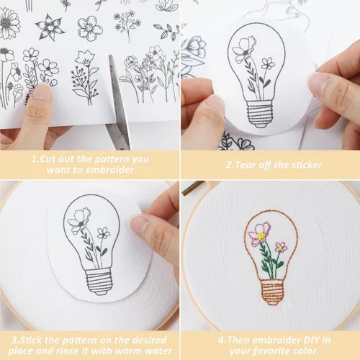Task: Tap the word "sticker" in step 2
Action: tap(307, 165)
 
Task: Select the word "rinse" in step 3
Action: tap(68, 351)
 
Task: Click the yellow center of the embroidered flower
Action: tap(261, 236)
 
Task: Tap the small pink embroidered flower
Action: tap(281, 247)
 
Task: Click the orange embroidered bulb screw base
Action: tap(272, 292)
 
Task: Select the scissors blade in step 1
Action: tap(117, 96)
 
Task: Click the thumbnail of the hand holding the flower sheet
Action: tap(42, 93)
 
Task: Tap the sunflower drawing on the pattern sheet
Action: tap(9, 23)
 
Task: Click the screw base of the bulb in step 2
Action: tap(260, 114)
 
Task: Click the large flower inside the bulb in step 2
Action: tap(244, 50)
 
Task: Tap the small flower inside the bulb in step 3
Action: tap(104, 233)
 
